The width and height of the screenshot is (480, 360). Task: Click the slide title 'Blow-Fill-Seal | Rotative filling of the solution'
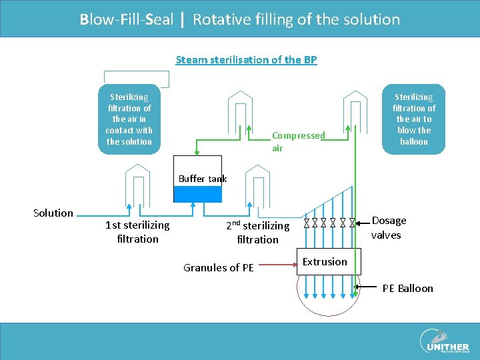(x=240, y=19)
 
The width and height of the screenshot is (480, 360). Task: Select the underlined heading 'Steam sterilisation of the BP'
(x=246, y=60)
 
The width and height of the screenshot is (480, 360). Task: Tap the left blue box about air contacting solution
(x=129, y=119)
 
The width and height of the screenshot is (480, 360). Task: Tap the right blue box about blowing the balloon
(x=413, y=119)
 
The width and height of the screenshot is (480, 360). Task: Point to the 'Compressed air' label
(x=298, y=141)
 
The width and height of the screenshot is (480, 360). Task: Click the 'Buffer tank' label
(x=203, y=179)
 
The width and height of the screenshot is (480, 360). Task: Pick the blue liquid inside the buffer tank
(x=197, y=194)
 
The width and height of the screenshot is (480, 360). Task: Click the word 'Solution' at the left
(x=53, y=213)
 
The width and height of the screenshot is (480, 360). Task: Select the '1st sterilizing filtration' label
(x=137, y=232)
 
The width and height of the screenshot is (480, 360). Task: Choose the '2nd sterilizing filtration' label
(x=257, y=232)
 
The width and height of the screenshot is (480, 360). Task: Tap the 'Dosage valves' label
(x=389, y=227)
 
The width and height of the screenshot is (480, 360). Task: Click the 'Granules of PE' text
(x=218, y=268)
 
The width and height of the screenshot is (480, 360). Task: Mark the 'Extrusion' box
(x=325, y=262)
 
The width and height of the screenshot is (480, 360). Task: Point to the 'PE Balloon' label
(x=407, y=289)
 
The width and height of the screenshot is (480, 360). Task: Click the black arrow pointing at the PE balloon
(x=367, y=287)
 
